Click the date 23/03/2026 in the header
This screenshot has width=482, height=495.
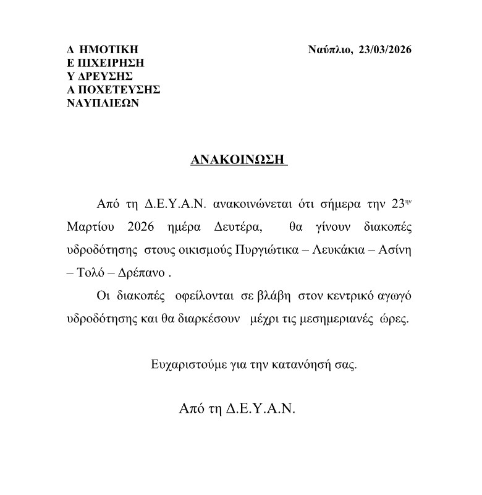tap(384, 50)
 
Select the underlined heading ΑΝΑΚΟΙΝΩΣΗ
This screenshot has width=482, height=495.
tap(239, 160)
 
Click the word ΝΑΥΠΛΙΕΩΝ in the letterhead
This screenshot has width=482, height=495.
tap(103, 103)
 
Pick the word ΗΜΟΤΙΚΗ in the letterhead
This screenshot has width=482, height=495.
tap(108, 50)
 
